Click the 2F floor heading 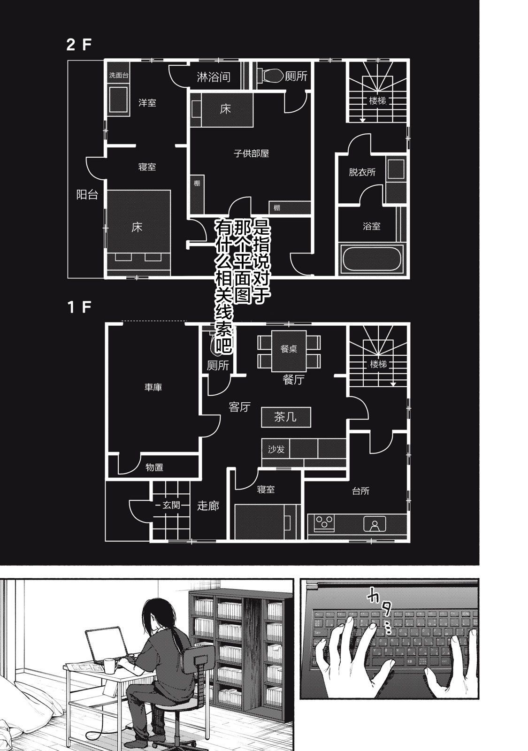(79, 45)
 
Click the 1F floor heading (79, 307)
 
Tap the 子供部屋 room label (251, 153)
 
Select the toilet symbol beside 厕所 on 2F (270, 76)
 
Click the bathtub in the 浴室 (371, 258)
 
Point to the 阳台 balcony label (87, 194)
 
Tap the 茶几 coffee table (286, 417)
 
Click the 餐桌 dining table (289, 351)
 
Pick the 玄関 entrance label (171, 505)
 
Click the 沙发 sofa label (276, 449)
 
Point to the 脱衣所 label (362, 172)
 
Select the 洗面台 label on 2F (119, 76)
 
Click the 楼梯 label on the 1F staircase (378, 364)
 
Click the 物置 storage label (154, 467)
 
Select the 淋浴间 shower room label (214, 77)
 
